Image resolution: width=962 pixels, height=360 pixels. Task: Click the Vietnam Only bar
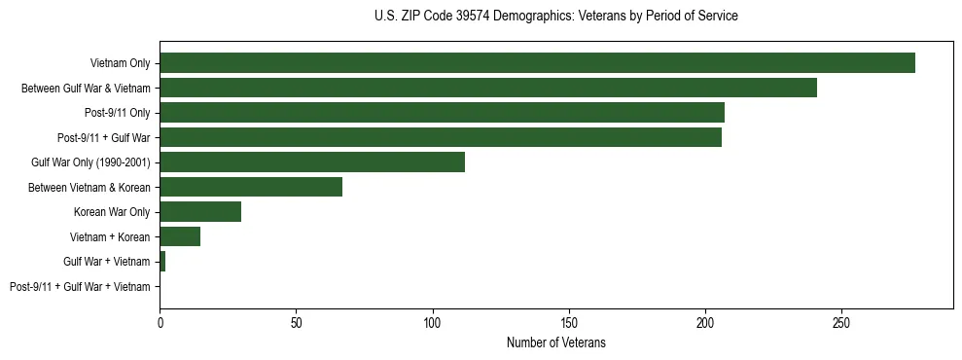click(x=537, y=63)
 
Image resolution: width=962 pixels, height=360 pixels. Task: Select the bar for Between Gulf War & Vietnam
click(x=488, y=88)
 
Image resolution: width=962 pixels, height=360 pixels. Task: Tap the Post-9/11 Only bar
click(x=442, y=113)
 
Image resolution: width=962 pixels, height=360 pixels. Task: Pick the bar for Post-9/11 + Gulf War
click(x=441, y=137)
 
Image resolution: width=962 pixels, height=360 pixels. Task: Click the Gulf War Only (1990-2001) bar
click(x=312, y=162)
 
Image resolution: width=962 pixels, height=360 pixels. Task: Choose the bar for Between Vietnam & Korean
click(x=251, y=187)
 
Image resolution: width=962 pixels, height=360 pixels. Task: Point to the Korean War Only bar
click(x=200, y=212)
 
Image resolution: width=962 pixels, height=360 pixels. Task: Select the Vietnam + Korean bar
click(x=180, y=236)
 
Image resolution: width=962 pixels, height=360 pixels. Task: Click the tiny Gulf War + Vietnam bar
click(x=162, y=262)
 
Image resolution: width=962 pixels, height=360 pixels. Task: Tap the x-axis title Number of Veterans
click(x=555, y=342)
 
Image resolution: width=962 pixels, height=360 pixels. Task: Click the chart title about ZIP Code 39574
click(x=555, y=17)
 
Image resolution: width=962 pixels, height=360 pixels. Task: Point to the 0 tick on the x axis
click(x=160, y=321)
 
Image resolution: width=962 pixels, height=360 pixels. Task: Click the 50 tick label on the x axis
click(x=296, y=321)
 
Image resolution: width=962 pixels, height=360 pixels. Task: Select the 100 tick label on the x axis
click(x=433, y=321)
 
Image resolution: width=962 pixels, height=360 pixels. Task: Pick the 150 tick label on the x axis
click(x=569, y=321)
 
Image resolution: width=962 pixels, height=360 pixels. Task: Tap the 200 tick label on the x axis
click(x=705, y=321)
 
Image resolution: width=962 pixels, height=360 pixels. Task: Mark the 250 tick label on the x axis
click(x=842, y=321)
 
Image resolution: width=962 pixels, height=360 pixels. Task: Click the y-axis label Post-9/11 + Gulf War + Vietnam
click(x=80, y=287)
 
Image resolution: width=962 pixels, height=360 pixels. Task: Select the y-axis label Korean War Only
click(x=112, y=212)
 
